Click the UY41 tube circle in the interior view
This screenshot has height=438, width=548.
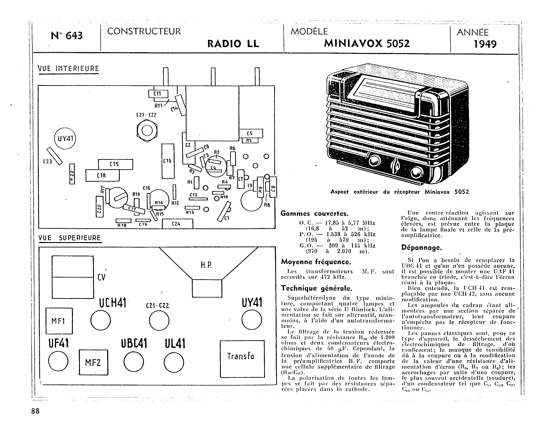65,139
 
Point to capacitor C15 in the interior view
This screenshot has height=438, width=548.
115,164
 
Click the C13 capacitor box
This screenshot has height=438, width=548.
168,161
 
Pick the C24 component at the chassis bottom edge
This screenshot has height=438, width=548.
177,224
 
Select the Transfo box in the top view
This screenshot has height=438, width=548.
242,359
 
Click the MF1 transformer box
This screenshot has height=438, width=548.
59,321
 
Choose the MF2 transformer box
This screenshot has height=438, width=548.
93,362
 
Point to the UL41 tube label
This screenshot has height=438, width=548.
175,344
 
